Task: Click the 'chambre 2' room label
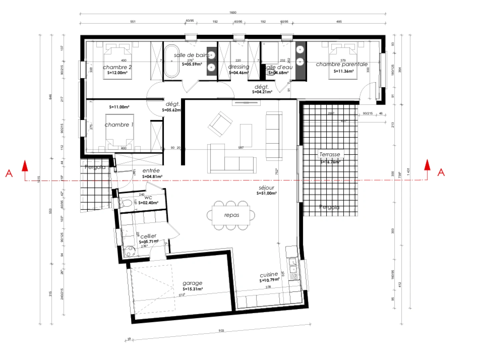tap(117, 67)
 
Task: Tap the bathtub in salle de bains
tap(171, 61)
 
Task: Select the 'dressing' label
tap(238, 67)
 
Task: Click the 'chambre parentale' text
tap(342, 64)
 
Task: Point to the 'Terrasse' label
tap(330, 154)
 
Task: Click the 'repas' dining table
tap(231, 215)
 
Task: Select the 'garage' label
tap(192, 283)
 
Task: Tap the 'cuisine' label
tap(269, 275)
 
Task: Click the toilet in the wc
tap(126, 203)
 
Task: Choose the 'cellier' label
tap(148, 236)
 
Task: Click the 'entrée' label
tap(151, 171)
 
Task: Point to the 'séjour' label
tap(267, 188)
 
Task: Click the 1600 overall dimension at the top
tap(233, 13)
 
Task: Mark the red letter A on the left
tap(9, 173)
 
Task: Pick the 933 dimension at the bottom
tap(221, 331)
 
